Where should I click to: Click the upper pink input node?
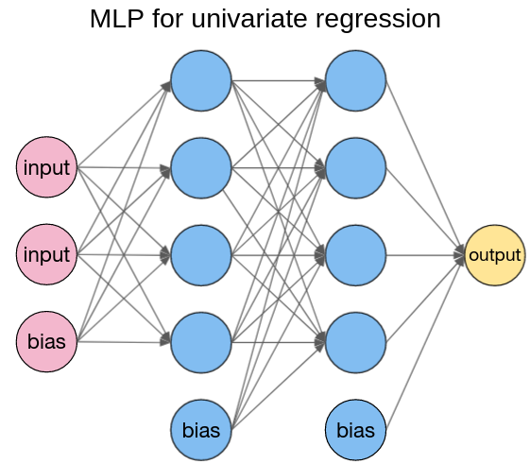[x=46, y=168]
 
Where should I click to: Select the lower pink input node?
[x=46, y=254]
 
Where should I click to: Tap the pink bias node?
[x=46, y=341]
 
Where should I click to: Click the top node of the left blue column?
[x=201, y=81]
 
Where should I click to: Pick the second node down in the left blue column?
[x=201, y=168]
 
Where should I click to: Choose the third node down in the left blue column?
[x=201, y=255]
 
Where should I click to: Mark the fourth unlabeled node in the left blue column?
[x=201, y=341]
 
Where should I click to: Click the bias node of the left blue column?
[x=201, y=430]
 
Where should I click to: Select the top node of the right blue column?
[x=355, y=81]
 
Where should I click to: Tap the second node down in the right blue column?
[x=355, y=168]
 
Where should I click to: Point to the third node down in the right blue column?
[x=355, y=255]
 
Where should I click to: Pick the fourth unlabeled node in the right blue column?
[x=355, y=341]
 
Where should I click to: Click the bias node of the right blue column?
[x=355, y=430]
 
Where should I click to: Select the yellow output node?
[x=494, y=255]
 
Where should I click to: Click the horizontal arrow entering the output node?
[x=425, y=255]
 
